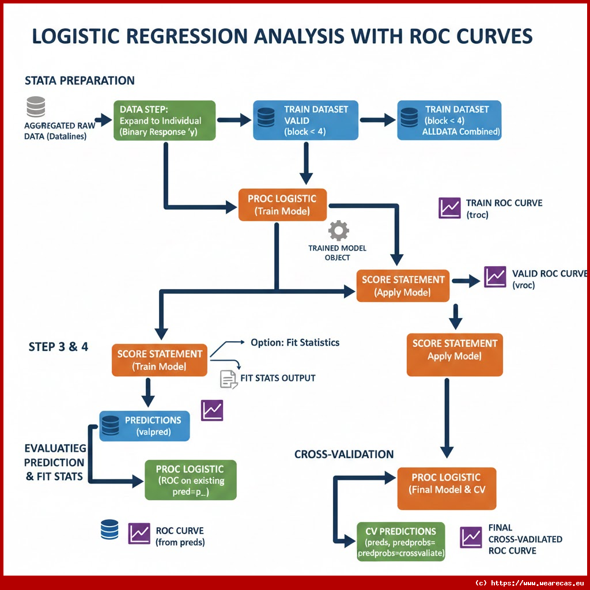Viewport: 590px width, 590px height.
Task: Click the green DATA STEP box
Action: (164, 120)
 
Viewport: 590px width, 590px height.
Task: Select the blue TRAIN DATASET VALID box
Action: (305, 120)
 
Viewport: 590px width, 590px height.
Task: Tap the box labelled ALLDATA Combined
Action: (449, 120)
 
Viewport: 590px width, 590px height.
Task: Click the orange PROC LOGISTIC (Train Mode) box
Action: (282, 205)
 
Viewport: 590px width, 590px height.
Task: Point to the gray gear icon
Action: (338, 231)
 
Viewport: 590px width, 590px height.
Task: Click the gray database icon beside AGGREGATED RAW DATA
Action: (36, 108)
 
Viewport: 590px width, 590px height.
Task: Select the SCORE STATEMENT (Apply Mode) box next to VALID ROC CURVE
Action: (402, 285)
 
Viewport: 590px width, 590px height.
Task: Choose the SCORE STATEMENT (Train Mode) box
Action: (159, 360)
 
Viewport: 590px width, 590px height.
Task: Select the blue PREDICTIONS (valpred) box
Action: (144, 426)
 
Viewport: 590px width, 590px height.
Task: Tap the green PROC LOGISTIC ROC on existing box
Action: (190, 479)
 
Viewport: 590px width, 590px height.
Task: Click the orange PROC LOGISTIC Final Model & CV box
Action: (446, 483)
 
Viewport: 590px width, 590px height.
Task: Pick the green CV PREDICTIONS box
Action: (401, 542)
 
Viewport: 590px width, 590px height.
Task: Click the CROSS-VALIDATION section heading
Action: (344, 454)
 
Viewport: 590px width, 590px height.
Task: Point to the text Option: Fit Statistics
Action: (295, 342)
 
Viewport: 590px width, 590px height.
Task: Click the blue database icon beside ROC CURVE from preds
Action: (109, 530)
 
